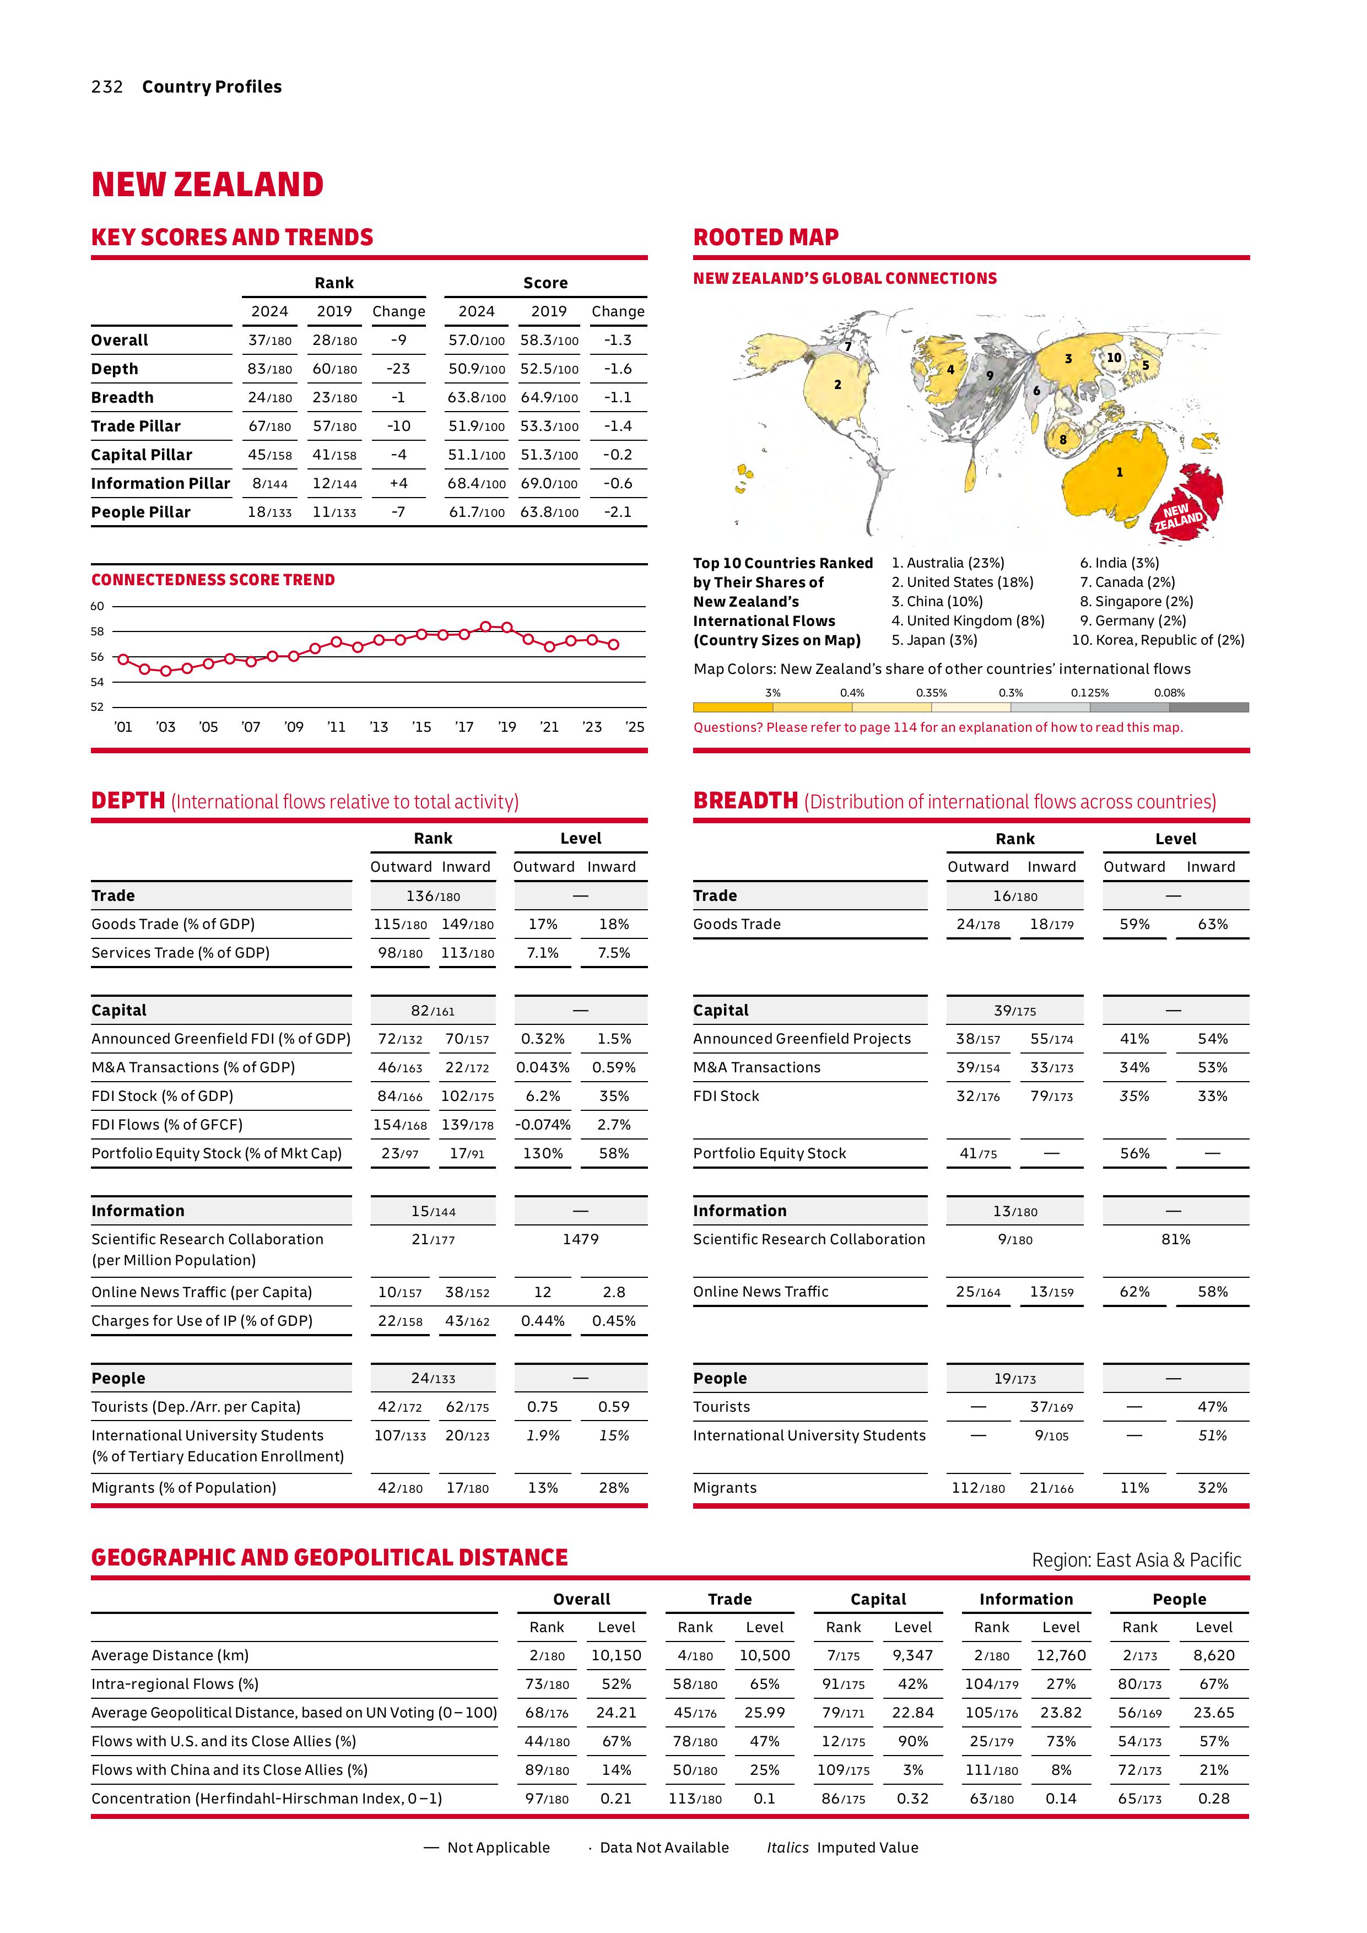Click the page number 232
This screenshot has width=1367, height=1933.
[107, 87]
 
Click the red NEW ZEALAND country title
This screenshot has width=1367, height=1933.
[207, 185]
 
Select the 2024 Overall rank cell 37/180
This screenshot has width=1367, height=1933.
[269, 340]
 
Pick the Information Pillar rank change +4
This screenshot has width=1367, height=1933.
[398, 483]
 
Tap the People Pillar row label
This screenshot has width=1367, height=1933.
[141, 512]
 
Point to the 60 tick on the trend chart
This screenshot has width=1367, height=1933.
[98, 606]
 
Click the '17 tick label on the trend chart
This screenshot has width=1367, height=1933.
[464, 727]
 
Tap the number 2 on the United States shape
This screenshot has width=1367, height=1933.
[838, 385]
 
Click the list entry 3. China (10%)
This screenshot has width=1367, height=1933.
[937, 601]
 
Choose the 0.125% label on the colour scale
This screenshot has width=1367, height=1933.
[1089, 693]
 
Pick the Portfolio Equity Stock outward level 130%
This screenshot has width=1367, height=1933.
[543, 1153]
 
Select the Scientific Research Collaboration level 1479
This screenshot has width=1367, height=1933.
[580, 1239]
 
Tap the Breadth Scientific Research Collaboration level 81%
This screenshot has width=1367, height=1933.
[1175, 1239]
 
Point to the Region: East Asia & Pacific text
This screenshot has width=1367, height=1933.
[1136, 1560]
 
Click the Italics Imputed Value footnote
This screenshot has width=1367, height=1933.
[842, 1847]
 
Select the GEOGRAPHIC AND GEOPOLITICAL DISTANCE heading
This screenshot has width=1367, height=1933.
[329, 1558]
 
